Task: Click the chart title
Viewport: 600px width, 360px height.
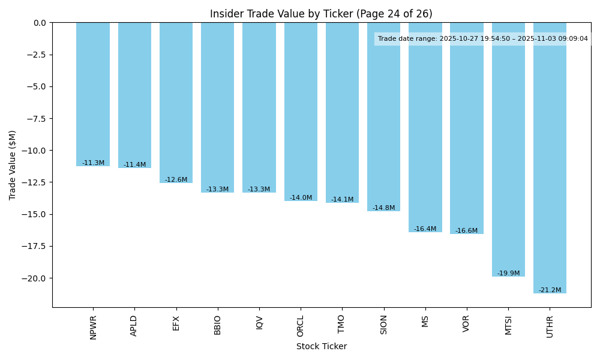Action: (321, 14)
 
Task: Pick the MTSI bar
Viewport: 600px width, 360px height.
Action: (508, 149)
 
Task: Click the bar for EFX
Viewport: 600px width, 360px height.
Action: (176, 103)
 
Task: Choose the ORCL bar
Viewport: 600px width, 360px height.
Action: (301, 112)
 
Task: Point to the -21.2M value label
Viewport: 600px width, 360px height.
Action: (550, 290)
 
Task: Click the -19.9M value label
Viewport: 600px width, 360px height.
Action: (508, 274)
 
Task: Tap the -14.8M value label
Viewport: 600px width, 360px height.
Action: (383, 208)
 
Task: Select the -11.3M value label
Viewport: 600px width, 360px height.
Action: (93, 163)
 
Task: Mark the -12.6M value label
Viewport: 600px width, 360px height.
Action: (176, 180)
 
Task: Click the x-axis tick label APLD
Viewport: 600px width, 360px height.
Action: (134, 326)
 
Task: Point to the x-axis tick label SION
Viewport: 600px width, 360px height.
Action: (383, 325)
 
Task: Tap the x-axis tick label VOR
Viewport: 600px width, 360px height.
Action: (467, 324)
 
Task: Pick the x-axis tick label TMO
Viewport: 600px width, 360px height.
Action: (342, 324)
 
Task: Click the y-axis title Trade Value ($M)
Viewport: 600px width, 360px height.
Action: (12, 165)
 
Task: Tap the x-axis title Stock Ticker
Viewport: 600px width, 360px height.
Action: (321, 346)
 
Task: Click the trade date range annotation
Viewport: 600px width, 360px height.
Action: (482, 39)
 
